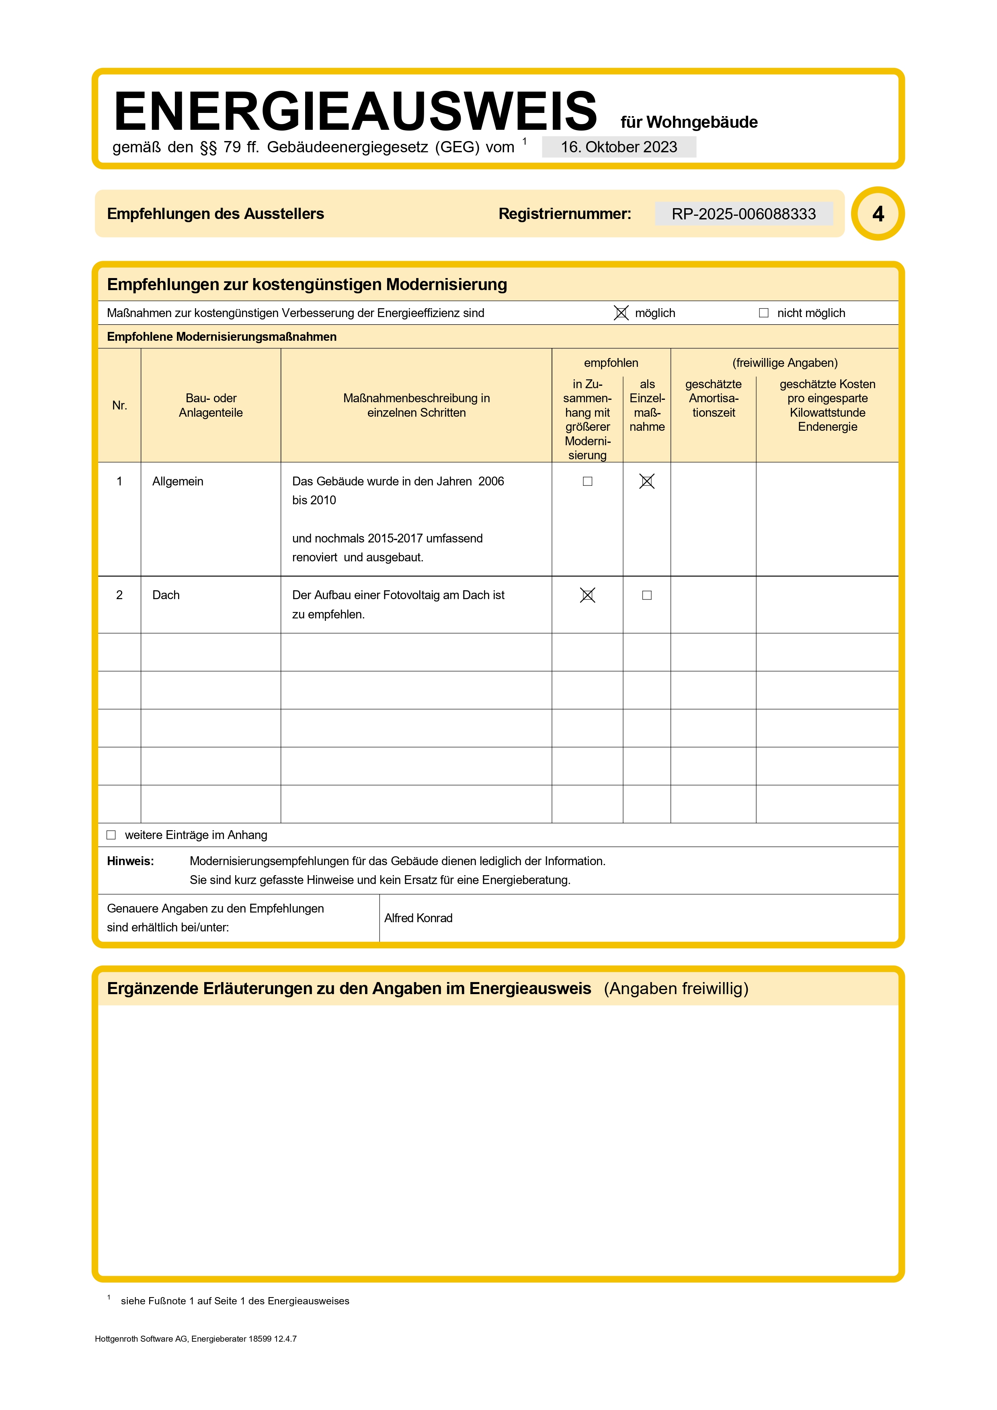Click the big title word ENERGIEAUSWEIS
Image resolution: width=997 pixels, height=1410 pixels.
coord(355,111)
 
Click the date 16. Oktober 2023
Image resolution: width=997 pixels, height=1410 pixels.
coord(619,147)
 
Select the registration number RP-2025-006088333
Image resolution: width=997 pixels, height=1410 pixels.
coord(743,214)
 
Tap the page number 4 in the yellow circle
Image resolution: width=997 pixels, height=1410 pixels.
coord(878,214)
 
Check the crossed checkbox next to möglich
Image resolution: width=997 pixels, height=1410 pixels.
coord(621,313)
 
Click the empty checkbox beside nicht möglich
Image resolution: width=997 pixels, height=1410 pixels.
coord(763,313)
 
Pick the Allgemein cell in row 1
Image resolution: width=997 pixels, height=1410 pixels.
coord(178,481)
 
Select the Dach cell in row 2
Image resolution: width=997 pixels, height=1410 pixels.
coord(166,595)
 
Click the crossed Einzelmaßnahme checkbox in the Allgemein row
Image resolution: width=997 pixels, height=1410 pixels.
coord(647,481)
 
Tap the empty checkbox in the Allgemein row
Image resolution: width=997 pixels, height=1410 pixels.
coord(587,481)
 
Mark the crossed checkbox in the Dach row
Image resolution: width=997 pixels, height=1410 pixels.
coord(587,595)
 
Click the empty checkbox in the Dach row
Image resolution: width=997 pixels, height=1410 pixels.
coord(647,595)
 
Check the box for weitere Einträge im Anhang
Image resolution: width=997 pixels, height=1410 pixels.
coord(111,835)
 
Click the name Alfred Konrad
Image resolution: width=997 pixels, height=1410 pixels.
coord(418,918)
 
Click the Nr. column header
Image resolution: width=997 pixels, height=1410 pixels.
coord(120,405)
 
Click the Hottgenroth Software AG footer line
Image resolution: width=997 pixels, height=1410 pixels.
coord(195,1339)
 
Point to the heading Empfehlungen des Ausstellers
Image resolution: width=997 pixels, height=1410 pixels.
coord(215,214)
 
